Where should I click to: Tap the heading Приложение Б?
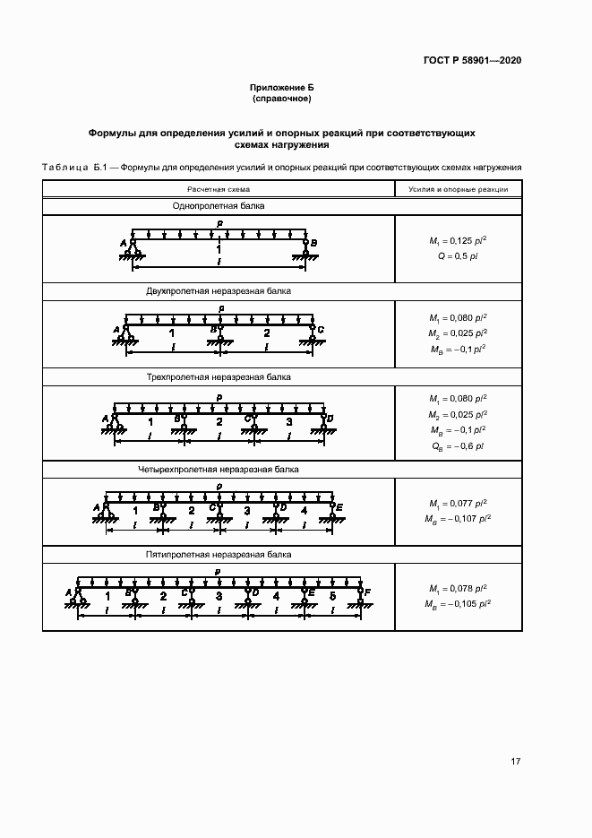(281, 87)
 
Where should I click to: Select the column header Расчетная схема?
(219, 189)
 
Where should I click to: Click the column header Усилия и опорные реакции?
(458, 189)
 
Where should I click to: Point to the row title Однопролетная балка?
(219, 206)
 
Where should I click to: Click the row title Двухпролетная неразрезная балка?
(219, 291)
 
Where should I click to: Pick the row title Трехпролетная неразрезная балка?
(219, 377)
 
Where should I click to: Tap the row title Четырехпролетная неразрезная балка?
(219, 469)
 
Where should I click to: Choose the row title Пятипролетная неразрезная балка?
(219, 555)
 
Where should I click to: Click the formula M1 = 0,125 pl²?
(459, 241)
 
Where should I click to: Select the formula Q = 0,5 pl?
(458, 256)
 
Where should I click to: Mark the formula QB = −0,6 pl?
(458, 445)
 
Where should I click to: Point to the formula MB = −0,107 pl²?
(459, 519)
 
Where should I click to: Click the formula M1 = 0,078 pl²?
(459, 589)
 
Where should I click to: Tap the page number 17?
(515, 762)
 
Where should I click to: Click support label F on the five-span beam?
(368, 592)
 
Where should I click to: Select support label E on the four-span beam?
(340, 506)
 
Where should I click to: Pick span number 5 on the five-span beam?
(332, 596)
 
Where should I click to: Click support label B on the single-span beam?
(314, 242)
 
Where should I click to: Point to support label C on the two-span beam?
(322, 330)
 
